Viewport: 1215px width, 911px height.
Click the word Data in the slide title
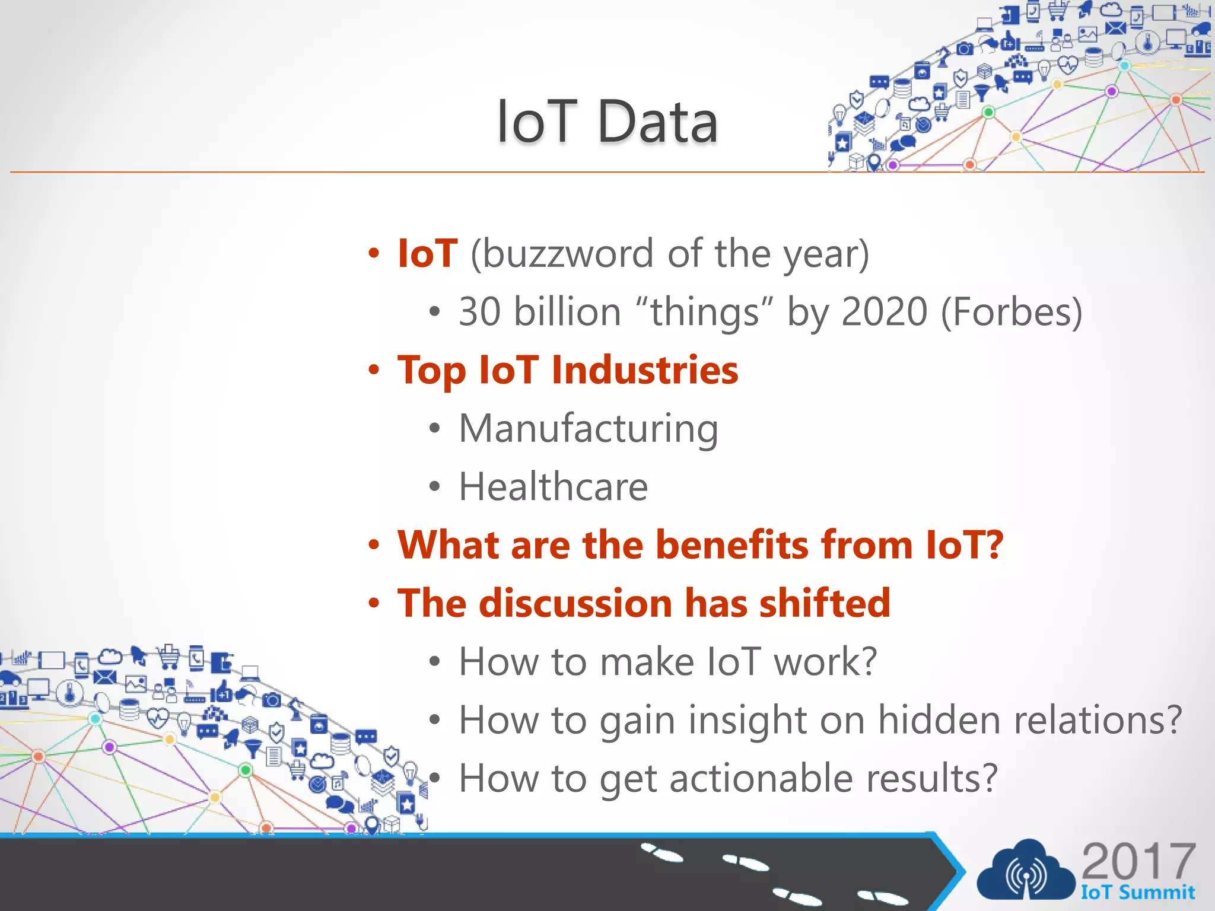click(x=657, y=122)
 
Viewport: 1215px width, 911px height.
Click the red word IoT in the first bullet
click(x=427, y=254)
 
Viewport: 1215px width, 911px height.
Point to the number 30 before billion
click(x=480, y=313)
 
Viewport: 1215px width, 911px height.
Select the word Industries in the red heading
click(x=644, y=370)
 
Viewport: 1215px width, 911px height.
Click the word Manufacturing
click(x=588, y=429)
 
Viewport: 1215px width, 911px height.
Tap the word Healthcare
click(x=553, y=487)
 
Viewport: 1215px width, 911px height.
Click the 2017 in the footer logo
click(x=1138, y=862)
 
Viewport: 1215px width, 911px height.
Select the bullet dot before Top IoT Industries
click(x=373, y=371)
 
